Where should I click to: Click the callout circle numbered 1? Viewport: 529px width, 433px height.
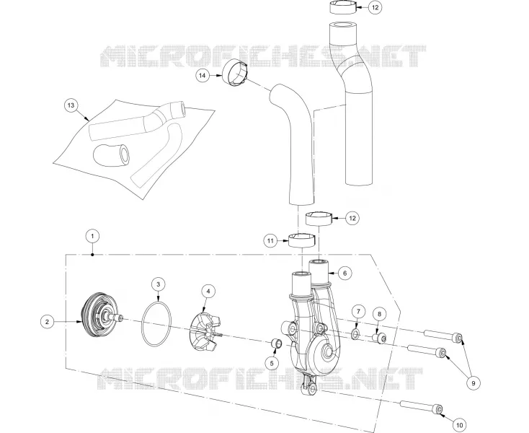click(92, 236)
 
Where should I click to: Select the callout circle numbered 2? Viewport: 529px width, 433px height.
click(48, 322)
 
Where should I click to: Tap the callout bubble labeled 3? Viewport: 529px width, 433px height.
click(159, 284)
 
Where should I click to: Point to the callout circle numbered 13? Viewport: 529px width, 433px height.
click(71, 105)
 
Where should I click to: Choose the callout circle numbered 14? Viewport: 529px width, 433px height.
click(203, 76)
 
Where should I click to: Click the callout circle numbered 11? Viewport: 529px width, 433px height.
click(270, 241)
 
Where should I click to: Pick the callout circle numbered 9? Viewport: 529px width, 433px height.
click(474, 383)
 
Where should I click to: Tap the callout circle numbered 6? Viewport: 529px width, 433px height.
click(344, 273)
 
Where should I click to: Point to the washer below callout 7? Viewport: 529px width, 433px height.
click(355, 334)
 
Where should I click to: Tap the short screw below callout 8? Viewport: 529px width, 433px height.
click(379, 338)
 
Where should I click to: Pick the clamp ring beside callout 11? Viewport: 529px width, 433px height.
click(301, 240)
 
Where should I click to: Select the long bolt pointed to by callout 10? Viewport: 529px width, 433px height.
click(422, 406)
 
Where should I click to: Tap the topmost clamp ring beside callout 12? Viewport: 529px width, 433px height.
click(343, 7)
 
